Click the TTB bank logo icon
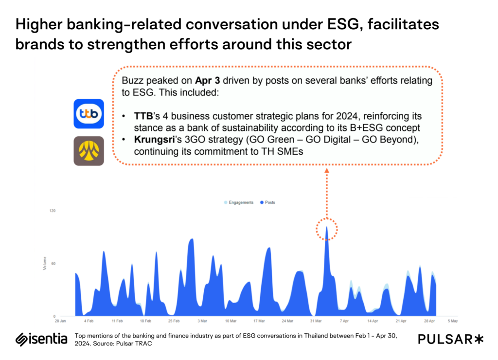click(x=89, y=114)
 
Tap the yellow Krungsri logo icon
click(x=89, y=151)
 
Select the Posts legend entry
click(x=267, y=202)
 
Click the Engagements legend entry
click(x=239, y=202)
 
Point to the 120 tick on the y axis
click(x=53, y=211)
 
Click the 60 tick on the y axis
click(x=53, y=263)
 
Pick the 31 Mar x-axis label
click(x=316, y=321)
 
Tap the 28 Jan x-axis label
click(x=60, y=321)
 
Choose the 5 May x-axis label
click(x=453, y=321)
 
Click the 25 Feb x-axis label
click(x=174, y=321)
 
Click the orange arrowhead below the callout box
click(x=326, y=171)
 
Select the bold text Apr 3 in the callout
click(x=207, y=81)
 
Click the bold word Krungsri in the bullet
click(x=155, y=140)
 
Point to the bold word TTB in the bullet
click(x=143, y=116)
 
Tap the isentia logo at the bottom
click(x=41, y=339)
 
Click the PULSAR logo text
click(x=450, y=340)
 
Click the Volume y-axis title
click(x=44, y=263)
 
